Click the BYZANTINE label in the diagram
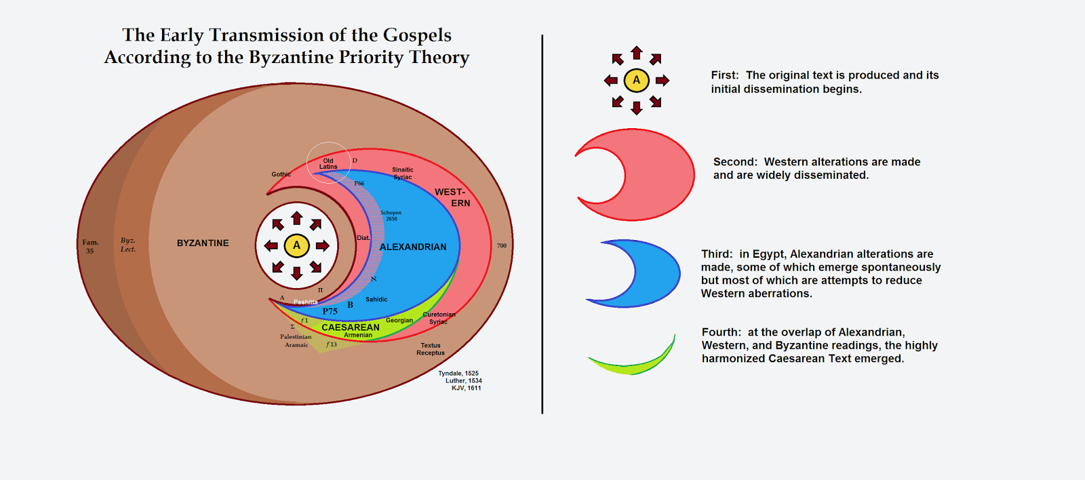(x=203, y=243)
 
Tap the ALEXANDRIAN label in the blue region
(x=413, y=247)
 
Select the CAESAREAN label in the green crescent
(x=351, y=327)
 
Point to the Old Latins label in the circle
(x=328, y=163)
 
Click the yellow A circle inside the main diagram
(x=296, y=245)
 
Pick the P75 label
(x=330, y=311)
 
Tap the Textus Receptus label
(x=431, y=349)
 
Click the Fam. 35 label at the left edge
(x=90, y=246)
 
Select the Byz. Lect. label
(x=128, y=245)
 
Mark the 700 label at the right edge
(x=502, y=245)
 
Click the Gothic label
(x=281, y=174)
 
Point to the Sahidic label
(x=376, y=299)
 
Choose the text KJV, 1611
(x=467, y=388)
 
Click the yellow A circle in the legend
(x=636, y=80)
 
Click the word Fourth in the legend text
(x=721, y=332)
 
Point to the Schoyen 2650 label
(x=391, y=216)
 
